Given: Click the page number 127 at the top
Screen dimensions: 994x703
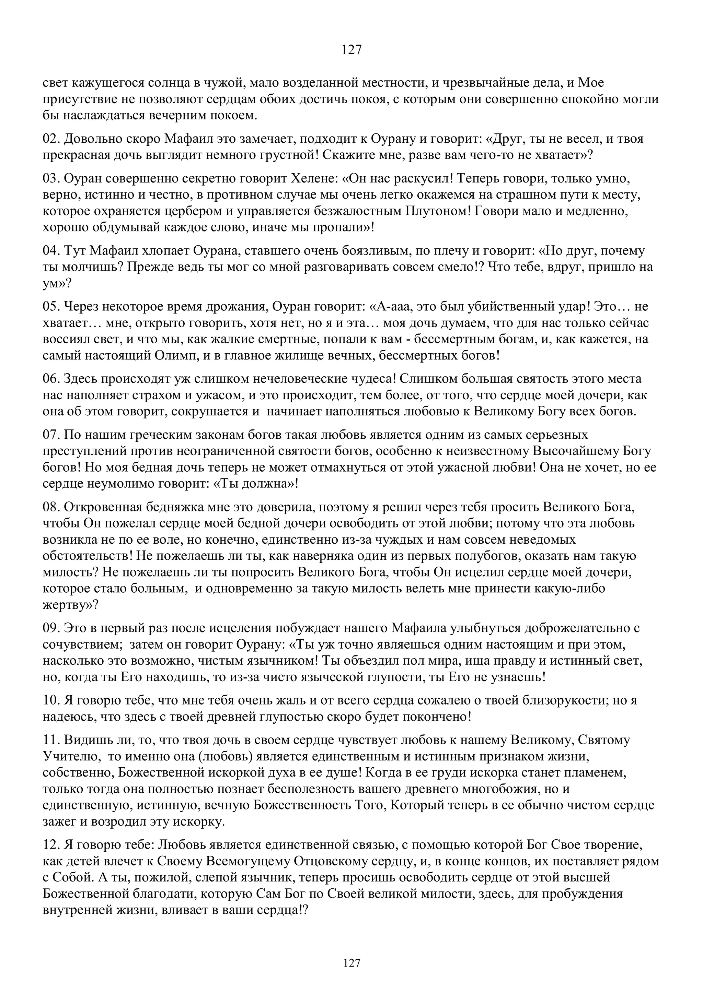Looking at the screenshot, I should tap(351, 50).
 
